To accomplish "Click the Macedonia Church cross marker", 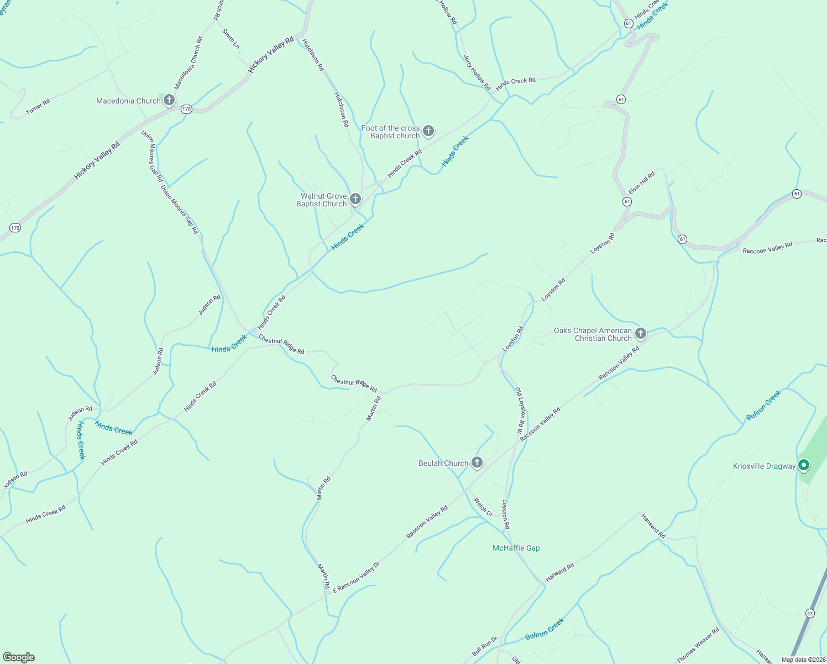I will pos(169,100).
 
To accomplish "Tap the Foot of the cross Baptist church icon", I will pos(428,131).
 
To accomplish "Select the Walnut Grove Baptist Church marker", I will pos(355,199).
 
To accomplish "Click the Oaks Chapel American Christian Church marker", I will pos(640,333).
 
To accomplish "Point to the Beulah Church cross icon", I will pos(477,463).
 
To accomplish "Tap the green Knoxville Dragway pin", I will pos(804,465).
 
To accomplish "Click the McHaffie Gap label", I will pos(516,548).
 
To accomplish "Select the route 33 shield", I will pos(810,613).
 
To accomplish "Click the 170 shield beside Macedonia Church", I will pos(187,109).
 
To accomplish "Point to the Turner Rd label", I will pos(38,107).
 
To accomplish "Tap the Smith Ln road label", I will pos(231,39).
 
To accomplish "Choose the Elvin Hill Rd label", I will pos(642,181).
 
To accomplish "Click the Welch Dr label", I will pos(483,507).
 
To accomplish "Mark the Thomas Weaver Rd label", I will pos(698,645).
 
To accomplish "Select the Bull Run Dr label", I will pos(485,646).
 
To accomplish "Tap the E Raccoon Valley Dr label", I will pos(357,578).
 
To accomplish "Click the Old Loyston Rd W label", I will pos(521,410).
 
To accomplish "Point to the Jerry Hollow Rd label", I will pos(477,72).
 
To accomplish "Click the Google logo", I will pos(19,657).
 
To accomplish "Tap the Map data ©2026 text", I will pos(803,660).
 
